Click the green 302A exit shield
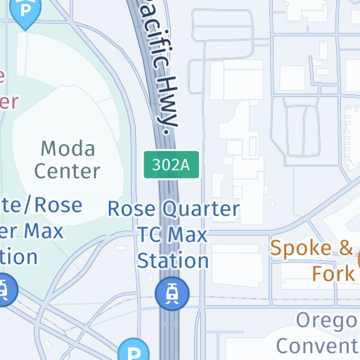pos(173,165)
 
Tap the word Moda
pos(67,148)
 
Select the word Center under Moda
pos(67,171)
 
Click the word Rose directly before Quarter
pos(131,209)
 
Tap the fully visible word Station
pos(173,260)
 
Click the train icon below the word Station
pos(173,292)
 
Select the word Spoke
pos(300,248)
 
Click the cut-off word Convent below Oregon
pos(318,345)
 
